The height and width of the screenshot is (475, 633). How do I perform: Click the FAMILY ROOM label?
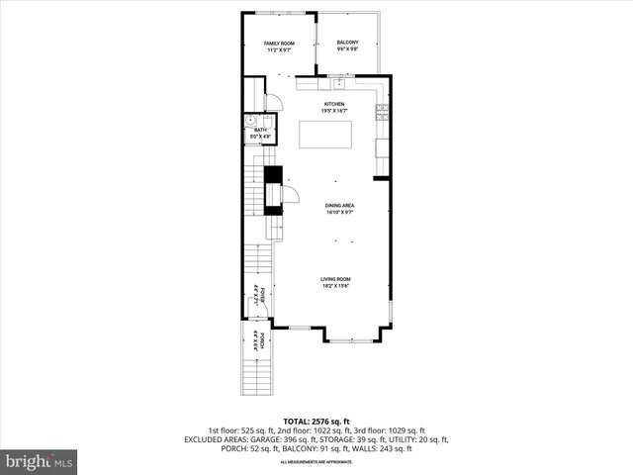278,44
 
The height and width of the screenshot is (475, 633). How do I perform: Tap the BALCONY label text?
346,43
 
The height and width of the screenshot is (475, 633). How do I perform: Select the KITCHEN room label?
334,105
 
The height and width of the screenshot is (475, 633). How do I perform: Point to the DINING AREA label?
340,206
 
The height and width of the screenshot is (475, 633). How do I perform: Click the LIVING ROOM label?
335,279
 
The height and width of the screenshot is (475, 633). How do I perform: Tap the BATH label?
260,131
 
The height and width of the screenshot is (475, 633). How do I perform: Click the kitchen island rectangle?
327,135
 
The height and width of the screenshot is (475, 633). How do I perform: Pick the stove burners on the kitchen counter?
381,112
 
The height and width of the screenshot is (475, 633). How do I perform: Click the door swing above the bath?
275,102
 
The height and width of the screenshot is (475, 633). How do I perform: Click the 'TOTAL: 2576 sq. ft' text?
316,421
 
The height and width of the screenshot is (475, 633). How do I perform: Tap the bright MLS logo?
39,461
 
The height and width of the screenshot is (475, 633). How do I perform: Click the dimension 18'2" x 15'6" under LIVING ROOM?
335,287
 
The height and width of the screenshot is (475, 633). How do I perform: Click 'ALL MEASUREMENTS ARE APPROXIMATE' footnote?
316,462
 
